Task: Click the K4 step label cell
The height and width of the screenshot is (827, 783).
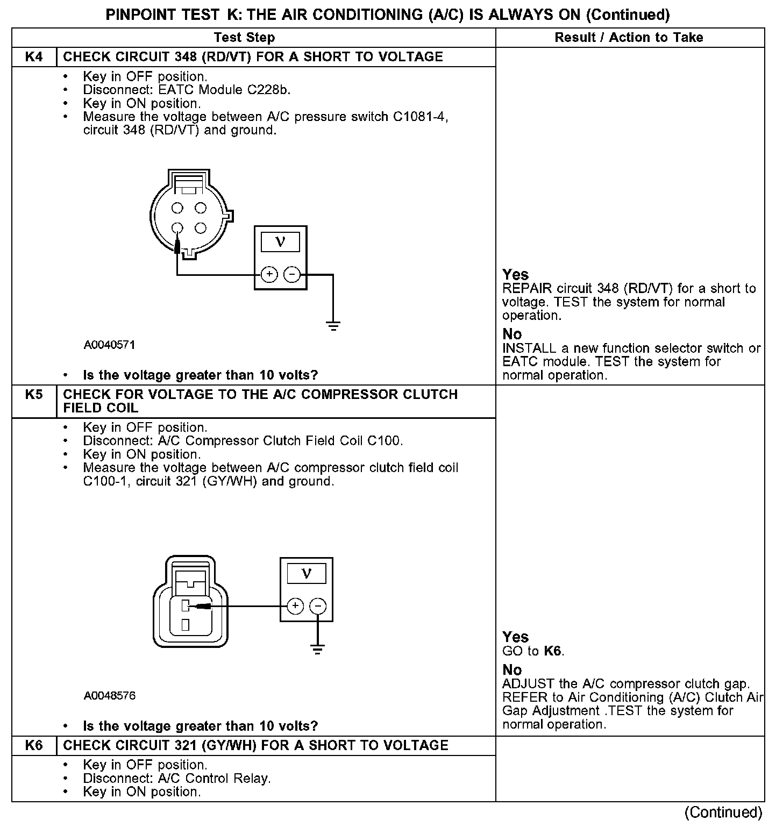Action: click(34, 57)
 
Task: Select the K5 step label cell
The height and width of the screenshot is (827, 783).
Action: click(34, 395)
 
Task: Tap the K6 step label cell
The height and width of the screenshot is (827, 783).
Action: click(34, 746)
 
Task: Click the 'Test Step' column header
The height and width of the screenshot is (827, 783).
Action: click(244, 38)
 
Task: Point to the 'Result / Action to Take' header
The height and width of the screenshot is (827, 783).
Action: click(629, 38)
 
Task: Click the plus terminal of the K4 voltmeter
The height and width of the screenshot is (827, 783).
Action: click(269, 275)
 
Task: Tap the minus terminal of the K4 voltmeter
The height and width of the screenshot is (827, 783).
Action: click(292, 275)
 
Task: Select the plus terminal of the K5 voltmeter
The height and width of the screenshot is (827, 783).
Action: click(295, 607)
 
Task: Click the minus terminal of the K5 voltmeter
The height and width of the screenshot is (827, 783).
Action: click(318, 607)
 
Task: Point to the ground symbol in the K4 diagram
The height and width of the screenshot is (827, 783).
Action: click(333, 325)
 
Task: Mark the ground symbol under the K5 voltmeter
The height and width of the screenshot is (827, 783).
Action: click(318, 650)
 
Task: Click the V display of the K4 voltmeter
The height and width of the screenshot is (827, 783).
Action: click(280, 242)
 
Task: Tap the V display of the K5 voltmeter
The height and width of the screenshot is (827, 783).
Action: click(307, 574)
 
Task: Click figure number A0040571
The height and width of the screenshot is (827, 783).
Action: click(109, 345)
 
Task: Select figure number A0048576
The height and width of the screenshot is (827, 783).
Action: click(109, 696)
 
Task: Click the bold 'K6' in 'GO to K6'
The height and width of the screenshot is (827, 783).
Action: click(553, 651)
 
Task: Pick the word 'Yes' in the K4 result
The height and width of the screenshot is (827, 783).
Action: click(515, 275)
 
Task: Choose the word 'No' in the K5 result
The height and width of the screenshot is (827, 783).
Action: click(512, 670)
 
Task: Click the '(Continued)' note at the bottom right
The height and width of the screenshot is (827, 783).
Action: click(724, 812)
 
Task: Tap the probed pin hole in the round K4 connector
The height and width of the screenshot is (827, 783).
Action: click(177, 229)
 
